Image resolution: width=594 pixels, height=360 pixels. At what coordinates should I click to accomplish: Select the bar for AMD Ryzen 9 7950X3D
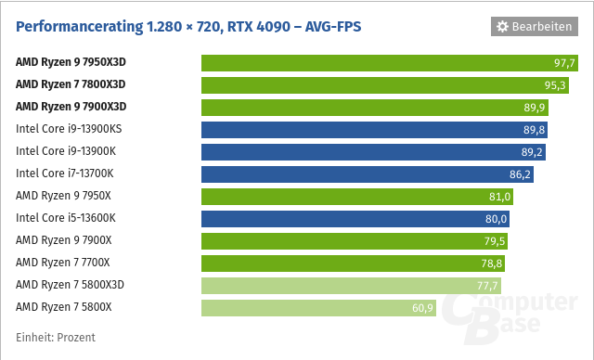[x=391, y=63]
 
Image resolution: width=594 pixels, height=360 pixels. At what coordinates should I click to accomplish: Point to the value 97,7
[x=565, y=63]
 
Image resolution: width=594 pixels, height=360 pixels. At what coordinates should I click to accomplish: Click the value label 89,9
[x=536, y=108]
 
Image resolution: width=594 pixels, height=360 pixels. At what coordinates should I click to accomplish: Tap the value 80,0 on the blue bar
[x=496, y=219]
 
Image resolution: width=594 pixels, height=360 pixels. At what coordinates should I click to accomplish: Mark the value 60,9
[x=423, y=308]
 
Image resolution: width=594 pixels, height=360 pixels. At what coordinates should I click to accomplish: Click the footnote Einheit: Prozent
[x=56, y=337]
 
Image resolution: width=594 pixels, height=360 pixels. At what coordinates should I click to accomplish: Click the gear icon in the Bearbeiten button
[x=503, y=27]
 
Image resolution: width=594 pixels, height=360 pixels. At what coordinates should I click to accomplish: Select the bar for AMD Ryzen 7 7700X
[x=353, y=263]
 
